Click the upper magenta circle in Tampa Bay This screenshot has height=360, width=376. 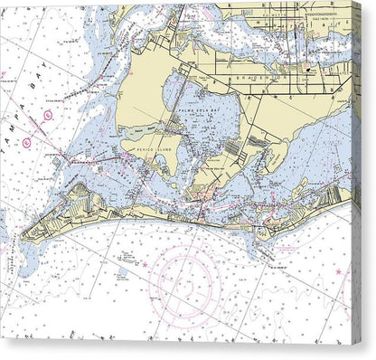[48, 115]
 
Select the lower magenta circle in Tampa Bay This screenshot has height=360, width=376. [26, 142]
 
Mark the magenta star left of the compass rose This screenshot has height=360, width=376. [144, 265]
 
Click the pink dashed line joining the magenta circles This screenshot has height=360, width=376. [37, 128]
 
